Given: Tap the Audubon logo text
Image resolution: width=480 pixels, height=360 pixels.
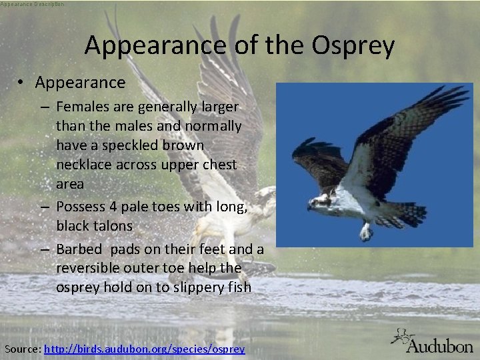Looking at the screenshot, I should click(439, 345).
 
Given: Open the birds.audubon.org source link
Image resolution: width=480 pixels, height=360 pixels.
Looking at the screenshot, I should click(144, 349).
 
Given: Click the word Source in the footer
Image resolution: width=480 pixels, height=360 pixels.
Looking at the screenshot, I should click(22, 349).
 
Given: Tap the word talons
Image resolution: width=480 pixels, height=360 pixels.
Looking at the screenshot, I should click(113, 225).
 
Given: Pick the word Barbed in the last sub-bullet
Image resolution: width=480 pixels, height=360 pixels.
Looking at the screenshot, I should click(79, 249).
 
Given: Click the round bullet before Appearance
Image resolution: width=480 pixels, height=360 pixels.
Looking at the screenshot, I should click(22, 83).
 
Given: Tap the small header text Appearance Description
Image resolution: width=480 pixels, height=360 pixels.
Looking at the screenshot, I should click(33, 4).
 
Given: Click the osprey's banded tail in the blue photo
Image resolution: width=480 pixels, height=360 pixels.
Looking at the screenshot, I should click(408, 213).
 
